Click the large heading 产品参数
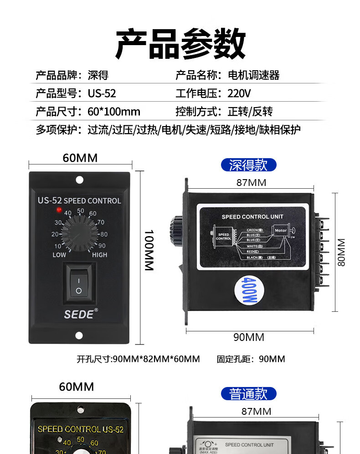(180, 44)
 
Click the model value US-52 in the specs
(102, 94)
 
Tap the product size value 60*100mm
(114, 112)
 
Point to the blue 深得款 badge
(248, 165)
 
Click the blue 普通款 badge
(248, 394)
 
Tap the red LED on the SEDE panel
(58, 210)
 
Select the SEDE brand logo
(79, 315)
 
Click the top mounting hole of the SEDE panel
(79, 180)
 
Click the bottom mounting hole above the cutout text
(79, 336)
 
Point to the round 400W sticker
(247, 290)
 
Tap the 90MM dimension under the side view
(249, 337)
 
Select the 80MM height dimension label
(341, 252)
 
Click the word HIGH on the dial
(99, 255)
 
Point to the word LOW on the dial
(59, 255)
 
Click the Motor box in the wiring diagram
(281, 231)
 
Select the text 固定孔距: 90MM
(251, 359)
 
